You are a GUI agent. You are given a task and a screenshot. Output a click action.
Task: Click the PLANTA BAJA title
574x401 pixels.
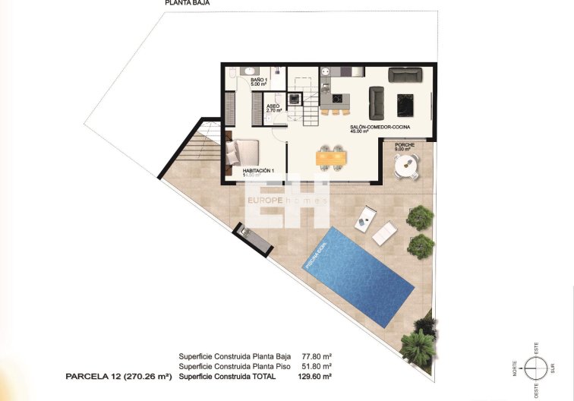188,3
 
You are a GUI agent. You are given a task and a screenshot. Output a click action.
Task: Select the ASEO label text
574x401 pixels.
273,108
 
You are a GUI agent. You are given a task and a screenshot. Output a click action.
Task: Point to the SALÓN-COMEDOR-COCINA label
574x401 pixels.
381,128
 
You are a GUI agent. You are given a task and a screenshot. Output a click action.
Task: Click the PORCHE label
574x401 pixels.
405,145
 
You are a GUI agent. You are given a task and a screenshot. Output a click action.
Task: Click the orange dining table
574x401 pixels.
329,158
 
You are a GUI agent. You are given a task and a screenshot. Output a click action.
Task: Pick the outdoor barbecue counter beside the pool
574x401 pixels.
252,238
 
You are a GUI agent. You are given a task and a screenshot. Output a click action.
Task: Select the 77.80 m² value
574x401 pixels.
317,355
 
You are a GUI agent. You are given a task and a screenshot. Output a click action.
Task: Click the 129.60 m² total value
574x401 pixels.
317,376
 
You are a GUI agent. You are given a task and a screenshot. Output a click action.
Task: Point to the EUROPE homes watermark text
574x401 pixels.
286,200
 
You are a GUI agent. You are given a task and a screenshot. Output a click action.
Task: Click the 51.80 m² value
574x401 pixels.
317,365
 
